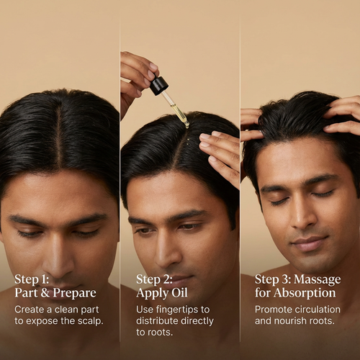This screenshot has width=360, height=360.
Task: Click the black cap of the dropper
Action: (x=159, y=85)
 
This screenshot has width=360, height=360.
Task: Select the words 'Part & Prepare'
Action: (x=54, y=294)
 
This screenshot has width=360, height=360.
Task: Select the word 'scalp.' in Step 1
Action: (x=88, y=321)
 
